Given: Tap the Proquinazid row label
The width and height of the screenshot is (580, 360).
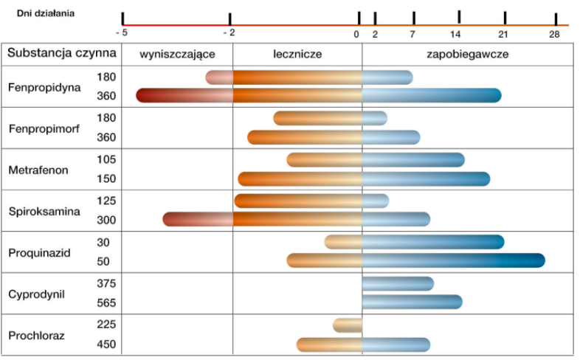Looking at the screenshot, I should point(39,252).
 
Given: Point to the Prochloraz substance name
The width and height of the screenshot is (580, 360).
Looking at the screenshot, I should point(36,336).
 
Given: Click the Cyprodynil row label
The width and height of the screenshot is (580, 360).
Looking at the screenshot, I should point(36,294).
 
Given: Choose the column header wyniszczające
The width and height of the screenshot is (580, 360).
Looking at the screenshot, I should point(178,54).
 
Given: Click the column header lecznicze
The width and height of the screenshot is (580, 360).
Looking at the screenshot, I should point(297,54).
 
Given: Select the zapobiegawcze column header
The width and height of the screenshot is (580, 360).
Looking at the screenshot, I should point(467,54).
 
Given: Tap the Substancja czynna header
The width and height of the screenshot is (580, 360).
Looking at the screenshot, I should point(62,53).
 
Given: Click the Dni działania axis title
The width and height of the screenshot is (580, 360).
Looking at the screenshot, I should point(46,13).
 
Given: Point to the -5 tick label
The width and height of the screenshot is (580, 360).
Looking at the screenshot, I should point(122,33).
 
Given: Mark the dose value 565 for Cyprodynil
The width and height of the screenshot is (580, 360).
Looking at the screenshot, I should point(106,302).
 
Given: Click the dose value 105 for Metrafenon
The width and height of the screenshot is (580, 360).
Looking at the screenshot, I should point(106,159).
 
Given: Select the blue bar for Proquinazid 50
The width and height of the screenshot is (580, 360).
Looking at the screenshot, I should point(453,260).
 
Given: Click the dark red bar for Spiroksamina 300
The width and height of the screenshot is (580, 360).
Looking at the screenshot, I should point(197,219).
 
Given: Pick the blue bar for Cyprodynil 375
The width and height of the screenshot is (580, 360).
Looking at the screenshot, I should point(398,283).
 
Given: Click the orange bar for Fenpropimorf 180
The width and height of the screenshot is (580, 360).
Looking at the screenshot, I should point(317,118).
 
